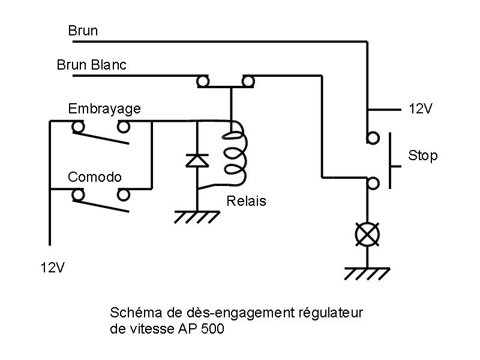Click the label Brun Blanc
pos(92,65)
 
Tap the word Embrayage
pos(104,109)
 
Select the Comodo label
pos(95,177)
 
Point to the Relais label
pos(246,201)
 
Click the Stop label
pos(423,155)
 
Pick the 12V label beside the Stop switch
pos(421,109)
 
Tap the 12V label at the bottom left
pos(52,268)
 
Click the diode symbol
pos(197,161)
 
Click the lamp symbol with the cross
pos(367,235)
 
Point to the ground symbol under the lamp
pos(367,274)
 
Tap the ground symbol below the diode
pos(197,217)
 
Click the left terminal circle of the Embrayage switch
pos(78,127)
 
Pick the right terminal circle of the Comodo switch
pos(124,195)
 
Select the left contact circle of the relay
pos(202,82)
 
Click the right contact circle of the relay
pos(248,82)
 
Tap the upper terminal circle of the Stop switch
pos(373,138)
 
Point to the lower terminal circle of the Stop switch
pos(373,184)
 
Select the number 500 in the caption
pos(212,329)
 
